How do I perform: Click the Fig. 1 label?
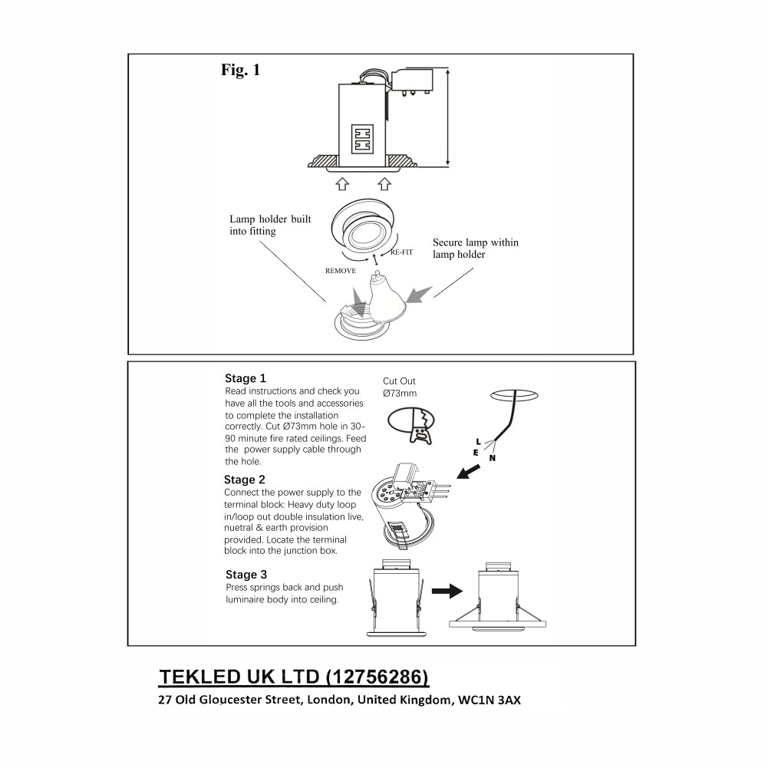(241, 70)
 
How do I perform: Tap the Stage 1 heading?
(246, 378)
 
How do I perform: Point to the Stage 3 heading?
(246, 575)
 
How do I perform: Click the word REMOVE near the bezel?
(341, 271)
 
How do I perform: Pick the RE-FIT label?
(401, 252)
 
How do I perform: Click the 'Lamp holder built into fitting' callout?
(270, 225)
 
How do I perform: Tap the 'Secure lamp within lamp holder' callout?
(475, 248)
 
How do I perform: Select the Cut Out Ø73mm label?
(400, 387)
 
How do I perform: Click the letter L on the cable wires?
(479, 442)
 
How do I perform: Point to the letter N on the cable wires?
(492, 458)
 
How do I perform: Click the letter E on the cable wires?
(476, 453)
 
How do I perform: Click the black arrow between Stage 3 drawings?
(448, 591)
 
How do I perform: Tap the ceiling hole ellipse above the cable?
(513, 395)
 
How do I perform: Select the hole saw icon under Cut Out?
(411, 424)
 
